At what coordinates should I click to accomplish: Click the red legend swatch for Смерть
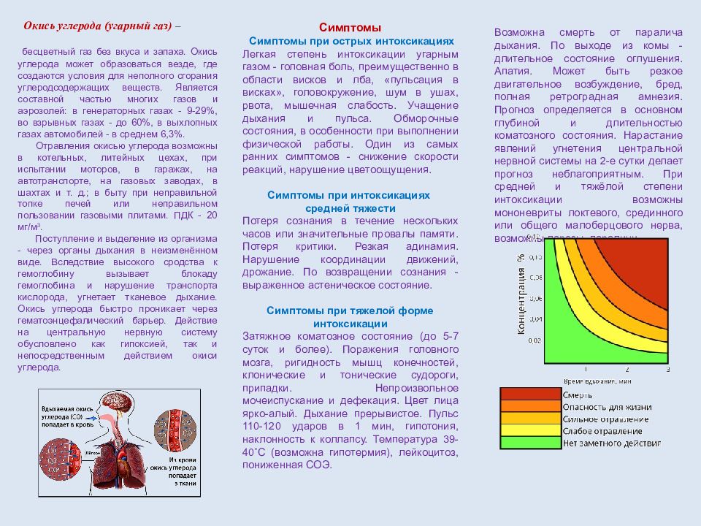[530, 394]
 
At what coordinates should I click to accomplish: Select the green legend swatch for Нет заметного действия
[530, 442]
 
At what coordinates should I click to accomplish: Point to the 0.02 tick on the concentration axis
[535, 340]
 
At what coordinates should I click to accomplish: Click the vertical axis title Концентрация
[521, 292]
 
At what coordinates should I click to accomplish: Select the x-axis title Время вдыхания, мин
[598, 381]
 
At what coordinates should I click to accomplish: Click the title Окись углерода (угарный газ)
[98, 26]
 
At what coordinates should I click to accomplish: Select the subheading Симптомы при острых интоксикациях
[351, 42]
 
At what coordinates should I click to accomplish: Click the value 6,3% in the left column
[171, 134]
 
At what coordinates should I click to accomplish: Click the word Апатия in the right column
[512, 72]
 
